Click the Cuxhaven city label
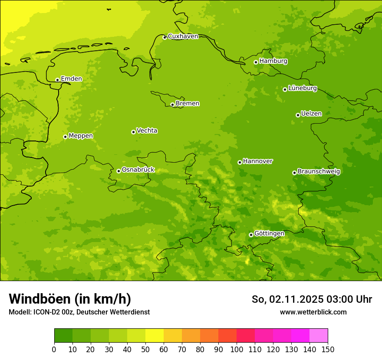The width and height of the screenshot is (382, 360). tap(183, 36)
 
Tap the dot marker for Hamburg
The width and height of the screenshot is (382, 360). tap(256, 62)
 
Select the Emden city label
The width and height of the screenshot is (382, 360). tap(71, 79)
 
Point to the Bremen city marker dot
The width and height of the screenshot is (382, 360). tap(172, 105)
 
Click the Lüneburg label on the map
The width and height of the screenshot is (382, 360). tap(302, 88)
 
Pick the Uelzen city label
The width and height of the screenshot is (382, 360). tap(311, 114)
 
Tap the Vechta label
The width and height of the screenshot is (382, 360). tap(147, 131)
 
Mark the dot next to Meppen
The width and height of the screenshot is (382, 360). tap(65, 137)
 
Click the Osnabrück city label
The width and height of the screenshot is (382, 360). tap(138, 170)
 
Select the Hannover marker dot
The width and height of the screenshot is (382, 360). tap(240, 162)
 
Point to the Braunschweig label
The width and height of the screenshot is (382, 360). tap(319, 172)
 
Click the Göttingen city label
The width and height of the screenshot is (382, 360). tap(269, 234)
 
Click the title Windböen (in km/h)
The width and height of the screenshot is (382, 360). tap(70, 299)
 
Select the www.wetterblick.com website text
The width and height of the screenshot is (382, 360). tap(313, 312)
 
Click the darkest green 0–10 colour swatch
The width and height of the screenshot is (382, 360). tap(63, 336)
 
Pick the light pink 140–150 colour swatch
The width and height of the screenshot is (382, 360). tap(319, 336)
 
